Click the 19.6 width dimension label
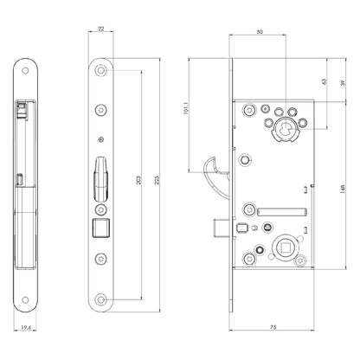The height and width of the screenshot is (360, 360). point(26,327)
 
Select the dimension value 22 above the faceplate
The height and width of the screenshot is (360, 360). point(101,29)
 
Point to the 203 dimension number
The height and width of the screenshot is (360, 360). point(138,180)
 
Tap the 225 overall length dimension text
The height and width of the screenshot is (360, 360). point(157,180)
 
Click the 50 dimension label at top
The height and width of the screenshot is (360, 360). point(260,32)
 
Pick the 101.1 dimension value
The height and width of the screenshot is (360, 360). point(185,108)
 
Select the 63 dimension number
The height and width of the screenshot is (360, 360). point(324,81)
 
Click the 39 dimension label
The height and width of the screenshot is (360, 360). point(343,83)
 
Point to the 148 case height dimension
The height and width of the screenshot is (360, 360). point(343,189)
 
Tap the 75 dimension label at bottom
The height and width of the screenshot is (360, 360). point(273,327)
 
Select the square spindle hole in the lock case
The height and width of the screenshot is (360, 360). point(282,247)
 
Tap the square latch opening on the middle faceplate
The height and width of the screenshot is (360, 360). point(100,228)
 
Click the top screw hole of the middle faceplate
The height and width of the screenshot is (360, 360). point(100,70)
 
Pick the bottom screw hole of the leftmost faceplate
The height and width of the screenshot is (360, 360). point(25,300)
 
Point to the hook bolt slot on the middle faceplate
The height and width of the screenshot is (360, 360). point(100,179)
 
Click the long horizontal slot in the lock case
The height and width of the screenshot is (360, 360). point(282,212)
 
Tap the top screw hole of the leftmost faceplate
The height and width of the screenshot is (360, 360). point(25,71)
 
